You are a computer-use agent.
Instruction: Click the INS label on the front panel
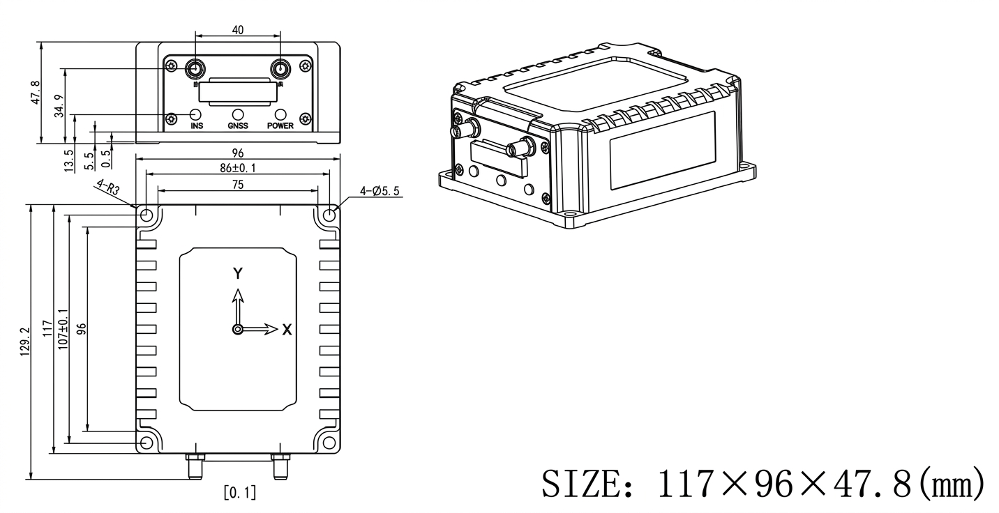197,126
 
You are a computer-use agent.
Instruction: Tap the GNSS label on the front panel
238,126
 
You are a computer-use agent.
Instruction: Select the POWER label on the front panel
280,126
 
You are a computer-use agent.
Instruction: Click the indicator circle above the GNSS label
238,114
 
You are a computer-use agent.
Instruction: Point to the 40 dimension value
237,30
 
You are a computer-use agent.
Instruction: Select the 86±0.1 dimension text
237,168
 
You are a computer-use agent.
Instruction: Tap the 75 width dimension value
237,184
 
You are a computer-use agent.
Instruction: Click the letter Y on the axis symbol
238,273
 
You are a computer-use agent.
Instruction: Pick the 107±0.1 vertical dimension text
62,329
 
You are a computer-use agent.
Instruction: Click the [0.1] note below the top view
239,493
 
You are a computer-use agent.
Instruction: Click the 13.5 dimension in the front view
68,160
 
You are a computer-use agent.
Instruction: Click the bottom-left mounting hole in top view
146,443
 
